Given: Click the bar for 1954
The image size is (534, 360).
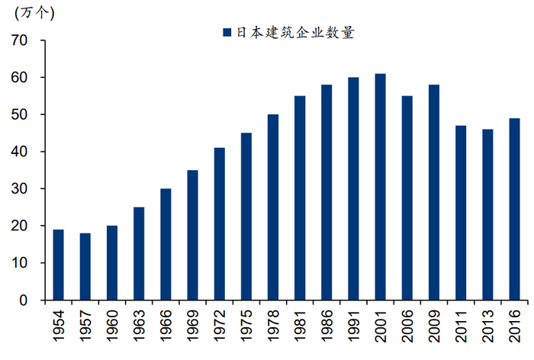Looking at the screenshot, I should coord(59,265).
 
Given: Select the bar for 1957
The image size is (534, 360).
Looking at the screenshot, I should coord(85,266).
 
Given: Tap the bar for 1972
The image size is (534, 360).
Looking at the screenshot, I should coord(220,223).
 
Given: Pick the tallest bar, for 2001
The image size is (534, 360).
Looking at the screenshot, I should coord(380,187).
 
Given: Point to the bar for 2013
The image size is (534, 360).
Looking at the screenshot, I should coord(487,214).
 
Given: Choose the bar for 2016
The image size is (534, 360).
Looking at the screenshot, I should coord(514,209).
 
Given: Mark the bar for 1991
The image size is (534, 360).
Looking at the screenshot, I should coord(353,188).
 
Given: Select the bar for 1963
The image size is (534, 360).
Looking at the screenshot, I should coord(139,253).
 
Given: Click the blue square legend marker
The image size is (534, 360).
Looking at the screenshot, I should coord(227,33).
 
